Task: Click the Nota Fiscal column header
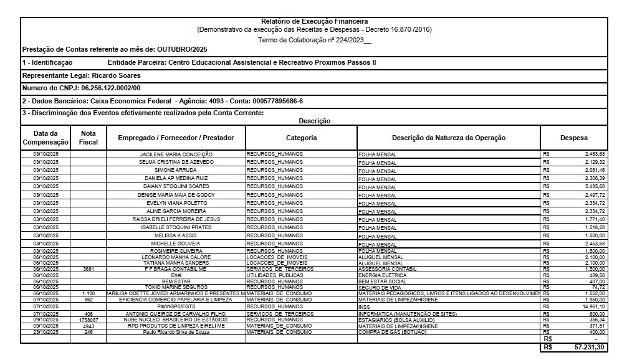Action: tap(88, 138)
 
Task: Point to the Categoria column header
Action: tap(301, 138)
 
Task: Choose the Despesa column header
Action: tap(573, 138)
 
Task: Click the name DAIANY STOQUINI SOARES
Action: tap(176, 186)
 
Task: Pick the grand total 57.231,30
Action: tap(588, 347)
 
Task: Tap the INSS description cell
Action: tap(365, 307)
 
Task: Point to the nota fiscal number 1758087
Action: tap(88, 320)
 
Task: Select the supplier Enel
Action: tap(176, 275)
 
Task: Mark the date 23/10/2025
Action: tap(45, 332)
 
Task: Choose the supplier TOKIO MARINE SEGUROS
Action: tap(176, 287)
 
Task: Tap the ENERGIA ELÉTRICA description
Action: tap(383, 275)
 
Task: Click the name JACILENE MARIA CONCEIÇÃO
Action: tap(176, 154)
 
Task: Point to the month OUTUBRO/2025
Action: tap(182, 49)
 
